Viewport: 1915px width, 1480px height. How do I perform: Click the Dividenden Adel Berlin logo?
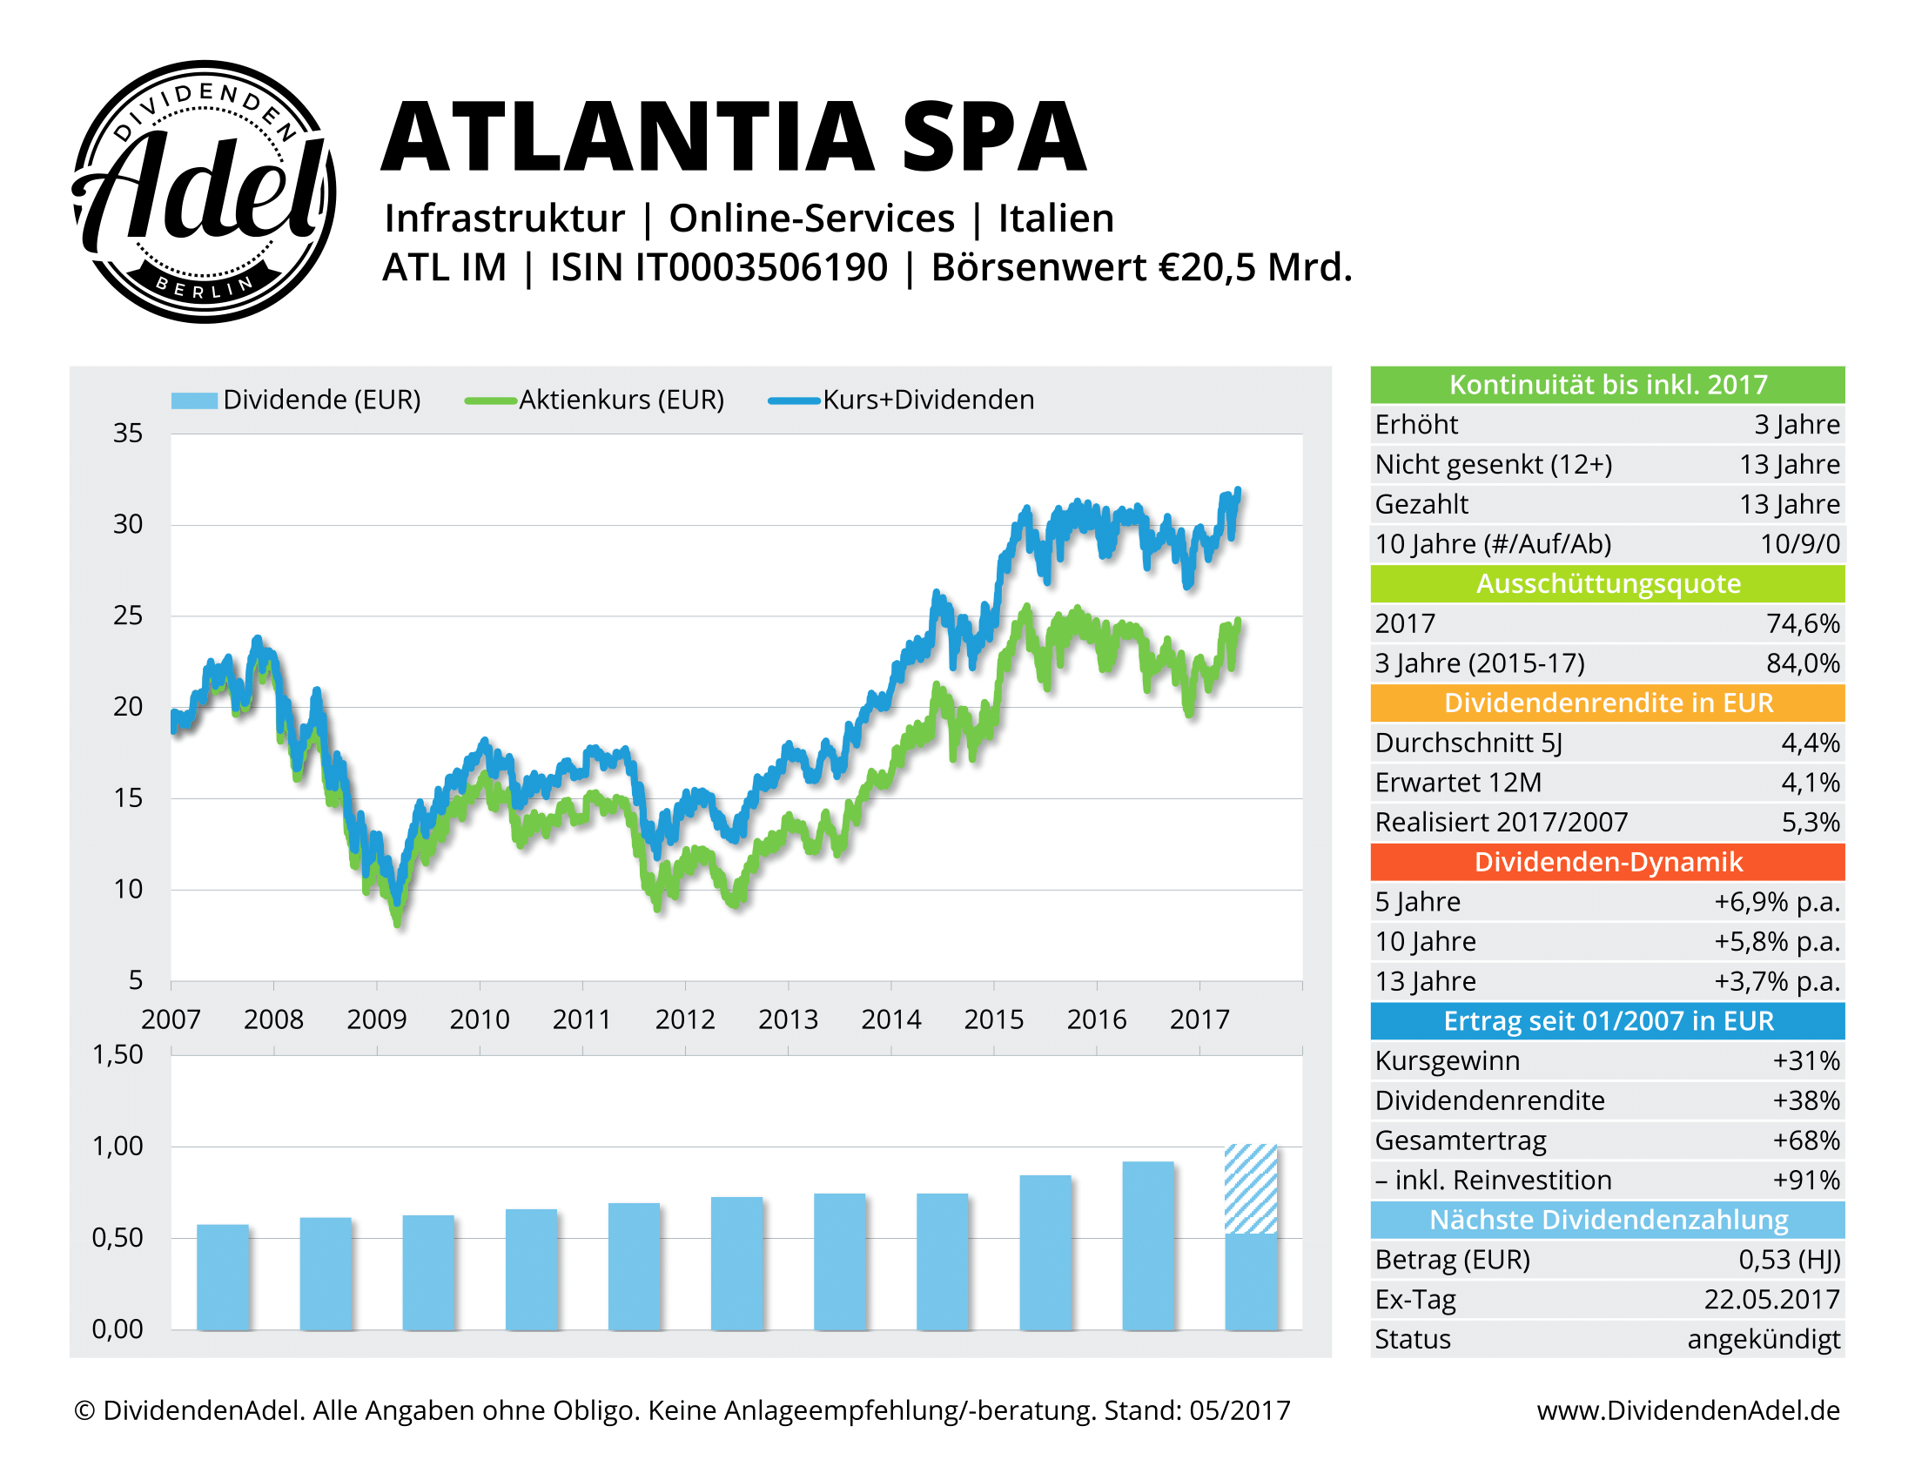click(x=204, y=192)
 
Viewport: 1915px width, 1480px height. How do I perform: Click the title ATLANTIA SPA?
click(x=734, y=138)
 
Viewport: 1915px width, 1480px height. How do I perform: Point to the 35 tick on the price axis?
click(x=128, y=434)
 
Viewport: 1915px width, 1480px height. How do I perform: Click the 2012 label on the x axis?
click(x=685, y=1019)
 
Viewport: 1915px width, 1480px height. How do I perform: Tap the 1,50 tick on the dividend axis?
click(x=118, y=1055)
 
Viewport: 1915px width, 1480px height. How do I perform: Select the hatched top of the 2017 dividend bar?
click(x=1250, y=1189)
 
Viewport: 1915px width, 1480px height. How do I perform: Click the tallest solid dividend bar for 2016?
click(x=1148, y=1245)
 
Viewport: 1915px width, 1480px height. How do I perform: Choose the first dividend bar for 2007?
click(x=223, y=1276)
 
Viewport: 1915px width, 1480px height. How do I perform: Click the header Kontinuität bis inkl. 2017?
click(x=1607, y=385)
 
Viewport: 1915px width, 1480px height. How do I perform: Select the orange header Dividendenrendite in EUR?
click(x=1607, y=703)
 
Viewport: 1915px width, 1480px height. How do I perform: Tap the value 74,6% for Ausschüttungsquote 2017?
click(x=1802, y=623)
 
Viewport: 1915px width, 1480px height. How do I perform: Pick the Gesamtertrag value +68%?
click(x=1805, y=1140)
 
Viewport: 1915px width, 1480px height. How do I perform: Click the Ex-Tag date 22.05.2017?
click(x=1771, y=1300)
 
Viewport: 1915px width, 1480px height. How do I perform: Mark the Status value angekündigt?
click(x=1764, y=1340)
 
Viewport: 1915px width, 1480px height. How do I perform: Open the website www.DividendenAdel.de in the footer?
click(x=1688, y=1410)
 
